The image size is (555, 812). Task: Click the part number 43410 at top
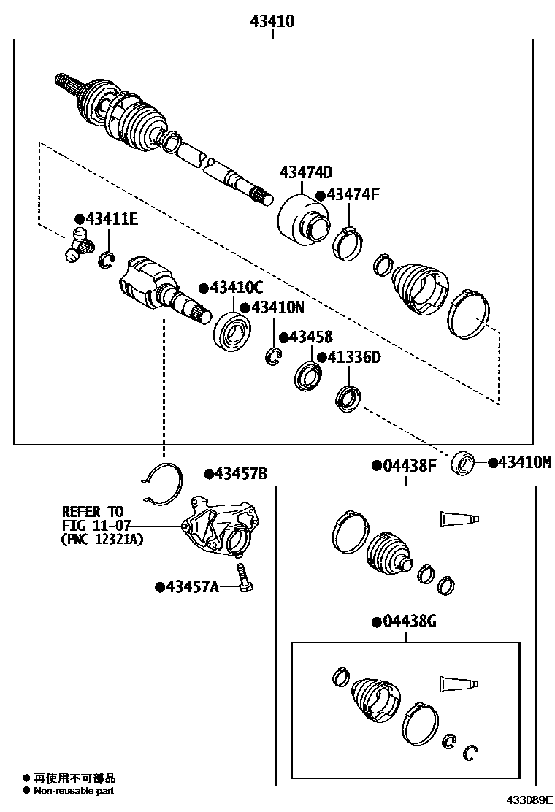click(x=272, y=22)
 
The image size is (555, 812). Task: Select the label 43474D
click(x=306, y=172)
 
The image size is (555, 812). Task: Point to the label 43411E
click(x=111, y=219)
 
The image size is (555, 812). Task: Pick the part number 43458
click(x=310, y=337)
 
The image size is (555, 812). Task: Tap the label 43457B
click(x=241, y=474)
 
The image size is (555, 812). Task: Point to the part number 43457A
click(x=192, y=586)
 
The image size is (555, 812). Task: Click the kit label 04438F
click(x=409, y=466)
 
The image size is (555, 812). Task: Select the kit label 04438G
click(x=409, y=621)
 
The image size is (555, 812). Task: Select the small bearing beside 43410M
click(x=463, y=463)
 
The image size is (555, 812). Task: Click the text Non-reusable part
click(x=73, y=791)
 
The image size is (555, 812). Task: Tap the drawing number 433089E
click(x=526, y=801)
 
